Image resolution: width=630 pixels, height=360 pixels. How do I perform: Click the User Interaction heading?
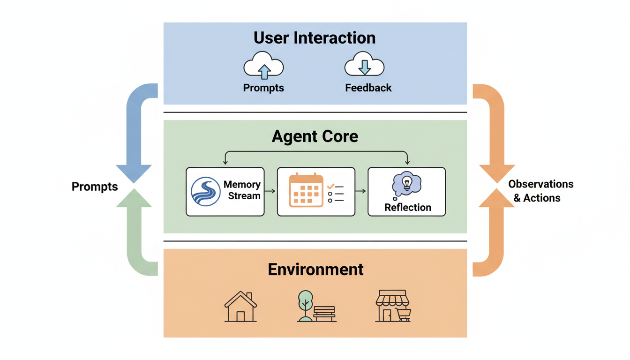315,37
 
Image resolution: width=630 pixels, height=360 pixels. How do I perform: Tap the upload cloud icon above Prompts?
263,67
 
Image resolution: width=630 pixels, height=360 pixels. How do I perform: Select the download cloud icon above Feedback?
364,67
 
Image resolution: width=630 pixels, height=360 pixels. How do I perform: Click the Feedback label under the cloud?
368,88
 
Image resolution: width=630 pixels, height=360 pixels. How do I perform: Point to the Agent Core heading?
315,136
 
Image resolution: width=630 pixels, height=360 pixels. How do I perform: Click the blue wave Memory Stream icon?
206,191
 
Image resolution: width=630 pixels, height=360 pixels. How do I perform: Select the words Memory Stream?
242,190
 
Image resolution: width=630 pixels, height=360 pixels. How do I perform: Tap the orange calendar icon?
306,190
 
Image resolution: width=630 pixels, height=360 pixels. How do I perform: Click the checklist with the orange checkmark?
336,193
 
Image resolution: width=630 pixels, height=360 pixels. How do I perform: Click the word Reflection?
407,207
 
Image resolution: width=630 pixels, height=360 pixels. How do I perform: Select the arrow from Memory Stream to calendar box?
270,191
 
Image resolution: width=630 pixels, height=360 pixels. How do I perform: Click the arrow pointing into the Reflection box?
361,191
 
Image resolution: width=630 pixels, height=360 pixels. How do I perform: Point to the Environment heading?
315,270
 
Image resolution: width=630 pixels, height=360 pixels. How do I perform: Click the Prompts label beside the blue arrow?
94,187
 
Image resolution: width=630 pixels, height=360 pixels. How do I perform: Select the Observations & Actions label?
540,191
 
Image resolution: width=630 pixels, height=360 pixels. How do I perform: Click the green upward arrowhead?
134,198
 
